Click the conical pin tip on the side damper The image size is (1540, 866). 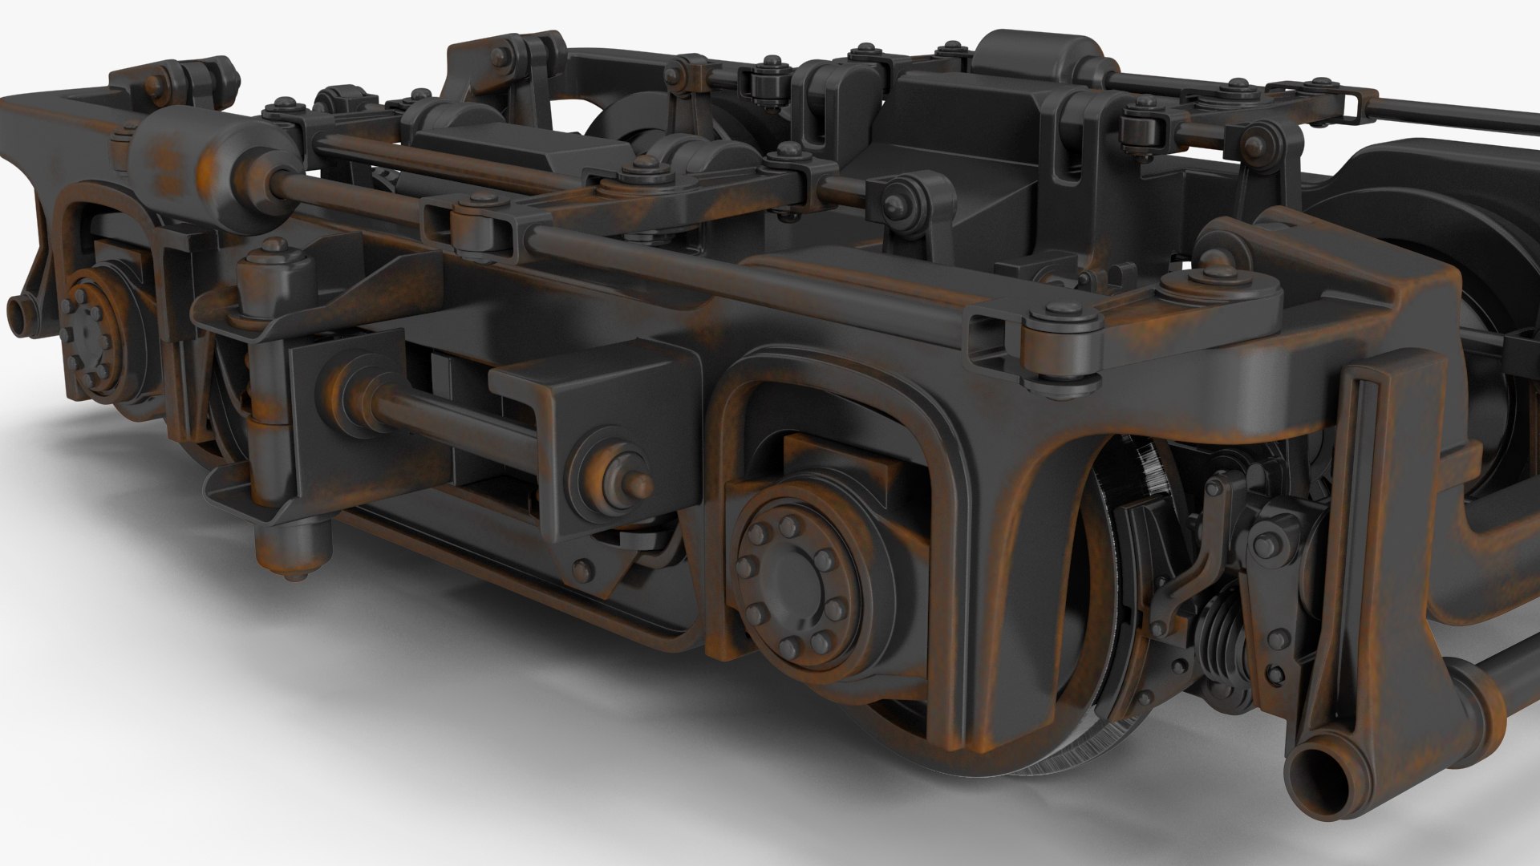pyautogui.click(x=637, y=484)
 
